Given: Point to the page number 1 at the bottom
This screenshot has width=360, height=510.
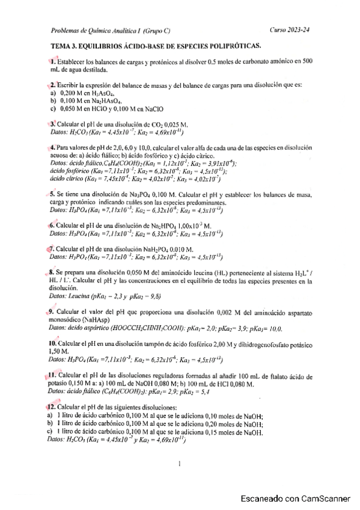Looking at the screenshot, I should point(180,464).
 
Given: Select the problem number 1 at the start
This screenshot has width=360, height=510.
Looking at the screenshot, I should point(53,62).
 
